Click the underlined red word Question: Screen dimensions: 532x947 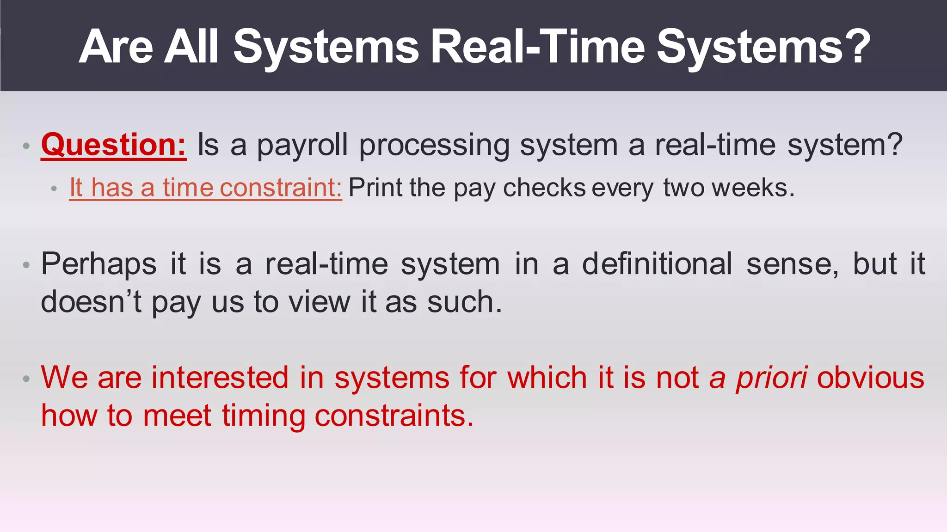[113, 145]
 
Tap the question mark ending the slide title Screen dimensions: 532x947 [860, 46]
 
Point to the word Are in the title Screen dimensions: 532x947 [116, 46]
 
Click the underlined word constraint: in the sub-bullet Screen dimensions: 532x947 [281, 188]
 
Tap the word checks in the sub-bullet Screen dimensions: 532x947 [544, 188]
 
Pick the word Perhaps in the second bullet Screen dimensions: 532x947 [99, 264]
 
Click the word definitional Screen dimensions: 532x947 [657, 264]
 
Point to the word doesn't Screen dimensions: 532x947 [91, 302]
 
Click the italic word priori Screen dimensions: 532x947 [772, 378]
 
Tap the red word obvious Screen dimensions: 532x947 [870, 378]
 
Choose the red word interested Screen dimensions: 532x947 [220, 378]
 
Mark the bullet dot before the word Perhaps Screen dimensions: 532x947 [26, 265]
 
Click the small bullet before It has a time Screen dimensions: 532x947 [54, 189]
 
